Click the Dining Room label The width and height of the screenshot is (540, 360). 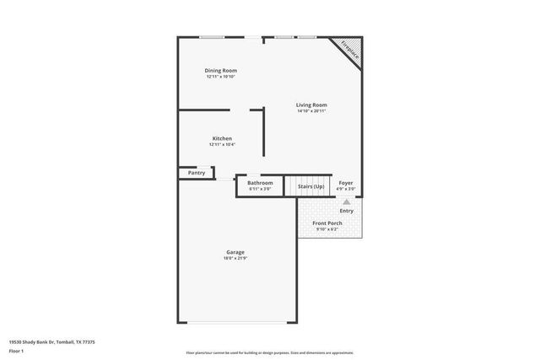[221, 70]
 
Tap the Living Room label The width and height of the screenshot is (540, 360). [311, 105]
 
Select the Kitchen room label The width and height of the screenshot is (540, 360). [222, 138]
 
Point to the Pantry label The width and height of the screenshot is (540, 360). [196, 173]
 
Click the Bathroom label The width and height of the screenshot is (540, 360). [260, 183]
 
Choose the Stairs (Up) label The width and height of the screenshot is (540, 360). [310, 186]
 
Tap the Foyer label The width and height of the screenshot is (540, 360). [346, 183]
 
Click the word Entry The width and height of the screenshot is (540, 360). [346, 211]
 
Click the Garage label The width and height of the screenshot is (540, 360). [235, 252]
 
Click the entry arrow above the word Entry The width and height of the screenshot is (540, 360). [346, 202]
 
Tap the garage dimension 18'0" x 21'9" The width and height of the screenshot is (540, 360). [235, 259]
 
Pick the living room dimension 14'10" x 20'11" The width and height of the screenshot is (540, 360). [311, 111]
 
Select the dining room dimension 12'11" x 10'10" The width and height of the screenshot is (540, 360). [221, 77]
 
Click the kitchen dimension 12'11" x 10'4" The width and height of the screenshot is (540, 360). [222, 145]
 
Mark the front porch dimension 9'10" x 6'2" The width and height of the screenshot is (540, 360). [327, 229]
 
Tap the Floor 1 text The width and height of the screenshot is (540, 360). [16, 350]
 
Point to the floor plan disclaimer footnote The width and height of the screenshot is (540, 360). [269, 352]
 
